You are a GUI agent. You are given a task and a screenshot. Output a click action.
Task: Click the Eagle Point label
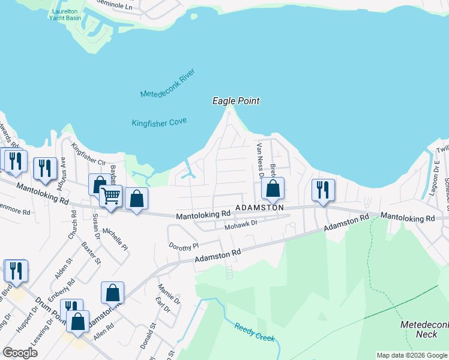coord(236,101)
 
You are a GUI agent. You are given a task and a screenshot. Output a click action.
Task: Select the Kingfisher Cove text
coord(159,122)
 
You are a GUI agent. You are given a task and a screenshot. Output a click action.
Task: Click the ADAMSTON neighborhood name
coord(259,207)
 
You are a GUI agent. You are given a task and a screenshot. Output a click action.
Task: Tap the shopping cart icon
coord(110,196)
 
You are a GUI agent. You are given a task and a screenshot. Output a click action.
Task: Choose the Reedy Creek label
coord(255,333)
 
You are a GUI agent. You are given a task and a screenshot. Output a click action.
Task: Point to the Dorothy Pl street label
coord(184,247)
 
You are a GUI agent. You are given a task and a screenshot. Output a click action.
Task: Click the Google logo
coord(20,353)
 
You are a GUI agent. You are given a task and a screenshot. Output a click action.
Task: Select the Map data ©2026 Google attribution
coord(411,355)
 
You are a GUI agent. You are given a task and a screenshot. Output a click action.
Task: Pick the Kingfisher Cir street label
coord(88,154)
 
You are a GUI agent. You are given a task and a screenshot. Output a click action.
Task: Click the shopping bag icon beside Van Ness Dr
coord(273,188)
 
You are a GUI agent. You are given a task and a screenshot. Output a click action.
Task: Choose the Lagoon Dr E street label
coord(437,170)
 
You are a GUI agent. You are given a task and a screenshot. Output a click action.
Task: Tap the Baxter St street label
coord(91,254)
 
